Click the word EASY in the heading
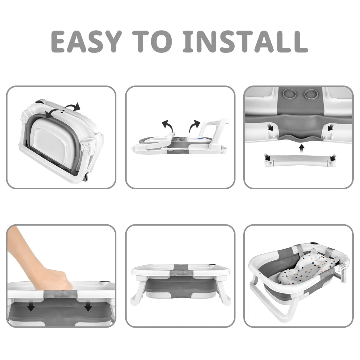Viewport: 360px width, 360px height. coord(85,41)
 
